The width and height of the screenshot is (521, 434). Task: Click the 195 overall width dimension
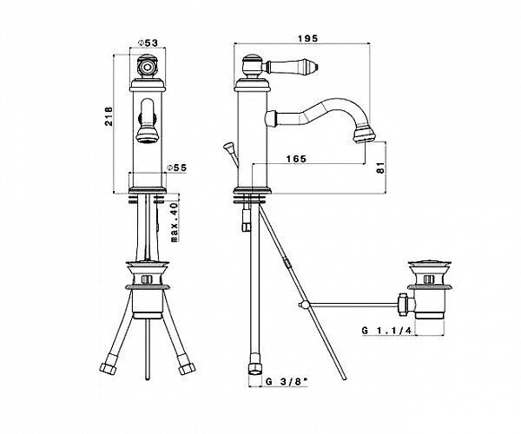point(307,38)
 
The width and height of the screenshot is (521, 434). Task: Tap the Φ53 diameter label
point(148,43)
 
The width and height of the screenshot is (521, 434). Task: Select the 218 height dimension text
point(109,116)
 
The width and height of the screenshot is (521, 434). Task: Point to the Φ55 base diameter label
point(177,168)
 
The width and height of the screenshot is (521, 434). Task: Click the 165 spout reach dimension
point(296,159)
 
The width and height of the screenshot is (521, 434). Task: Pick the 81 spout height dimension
point(381,168)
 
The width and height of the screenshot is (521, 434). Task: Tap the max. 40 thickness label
point(175,222)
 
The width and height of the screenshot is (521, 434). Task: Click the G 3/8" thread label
point(287,382)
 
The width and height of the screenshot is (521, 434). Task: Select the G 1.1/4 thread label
point(386,331)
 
